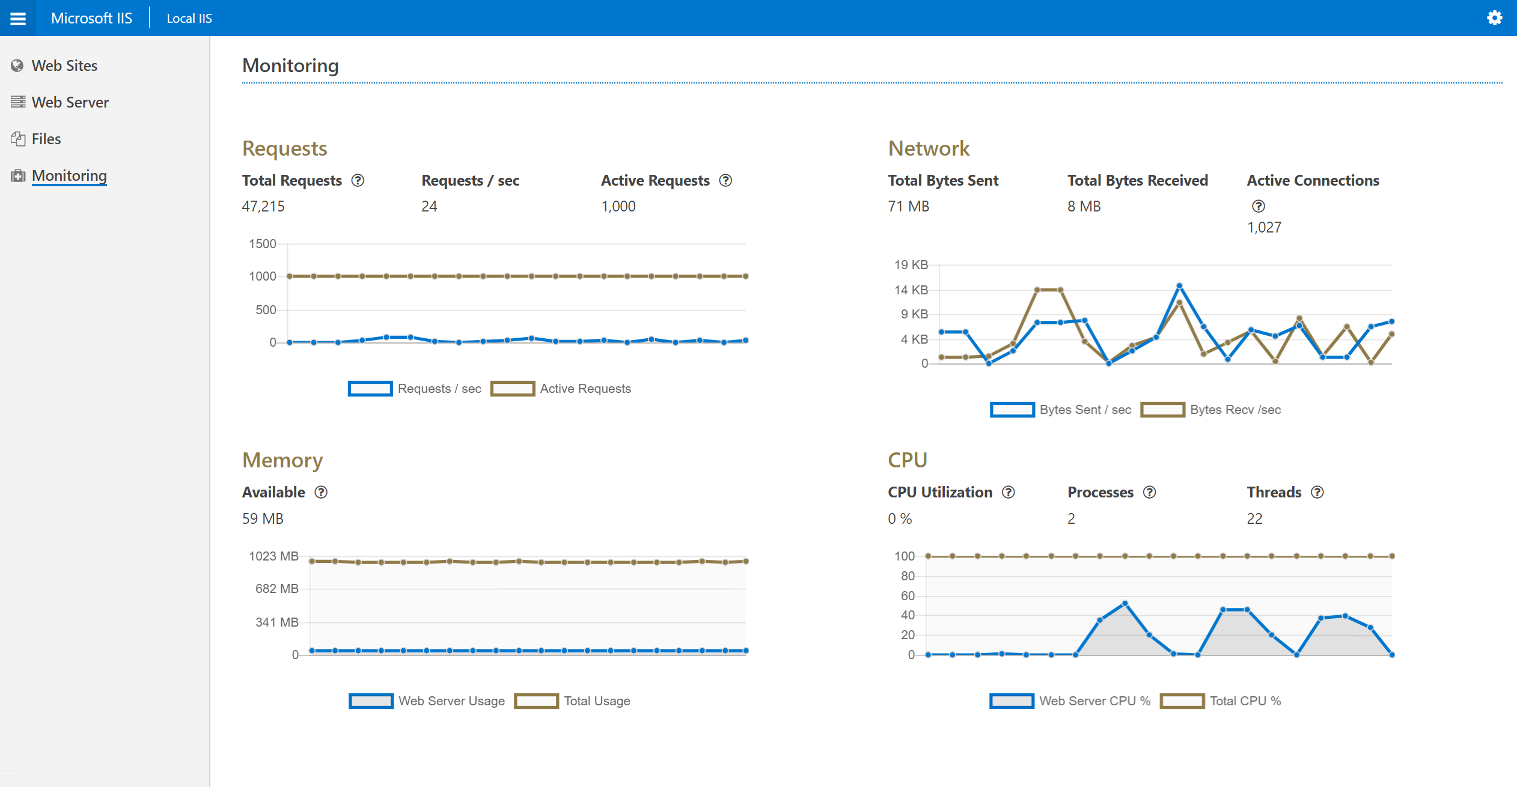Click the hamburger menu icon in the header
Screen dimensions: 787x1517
tap(18, 18)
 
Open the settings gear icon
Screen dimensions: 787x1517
tap(1494, 18)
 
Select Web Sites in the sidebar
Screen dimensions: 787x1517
tap(64, 65)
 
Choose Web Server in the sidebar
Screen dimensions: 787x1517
tap(70, 102)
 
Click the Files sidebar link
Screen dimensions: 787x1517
tap(46, 139)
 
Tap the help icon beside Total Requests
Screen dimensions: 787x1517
tap(358, 180)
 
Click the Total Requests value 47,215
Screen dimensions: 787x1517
tap(263, 206)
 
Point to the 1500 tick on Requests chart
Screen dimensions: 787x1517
tap(262, 244)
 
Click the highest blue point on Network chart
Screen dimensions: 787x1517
tap(1179, 286)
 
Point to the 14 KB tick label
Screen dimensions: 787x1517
tap(911, 290)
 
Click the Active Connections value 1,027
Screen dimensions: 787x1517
tap(1264, 227)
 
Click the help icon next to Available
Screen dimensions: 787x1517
tap(321, 492)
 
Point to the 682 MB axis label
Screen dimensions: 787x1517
tap(276, 589)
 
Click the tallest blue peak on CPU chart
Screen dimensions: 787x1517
tap(1125, 603)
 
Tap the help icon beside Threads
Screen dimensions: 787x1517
tap(1317, 492)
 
